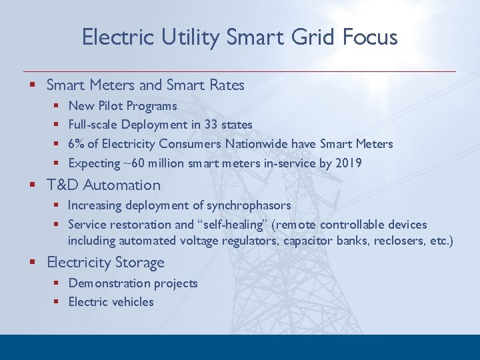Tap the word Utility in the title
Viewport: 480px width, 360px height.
tap(191, 37)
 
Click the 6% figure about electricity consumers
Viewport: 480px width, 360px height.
tap(76, 144)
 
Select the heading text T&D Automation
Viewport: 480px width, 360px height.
tap(103, 185)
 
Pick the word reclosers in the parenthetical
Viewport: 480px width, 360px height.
tap(392, 241)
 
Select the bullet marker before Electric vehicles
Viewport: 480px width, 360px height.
tap(57, 302)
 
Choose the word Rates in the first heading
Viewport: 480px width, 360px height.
tap(227, 85)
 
